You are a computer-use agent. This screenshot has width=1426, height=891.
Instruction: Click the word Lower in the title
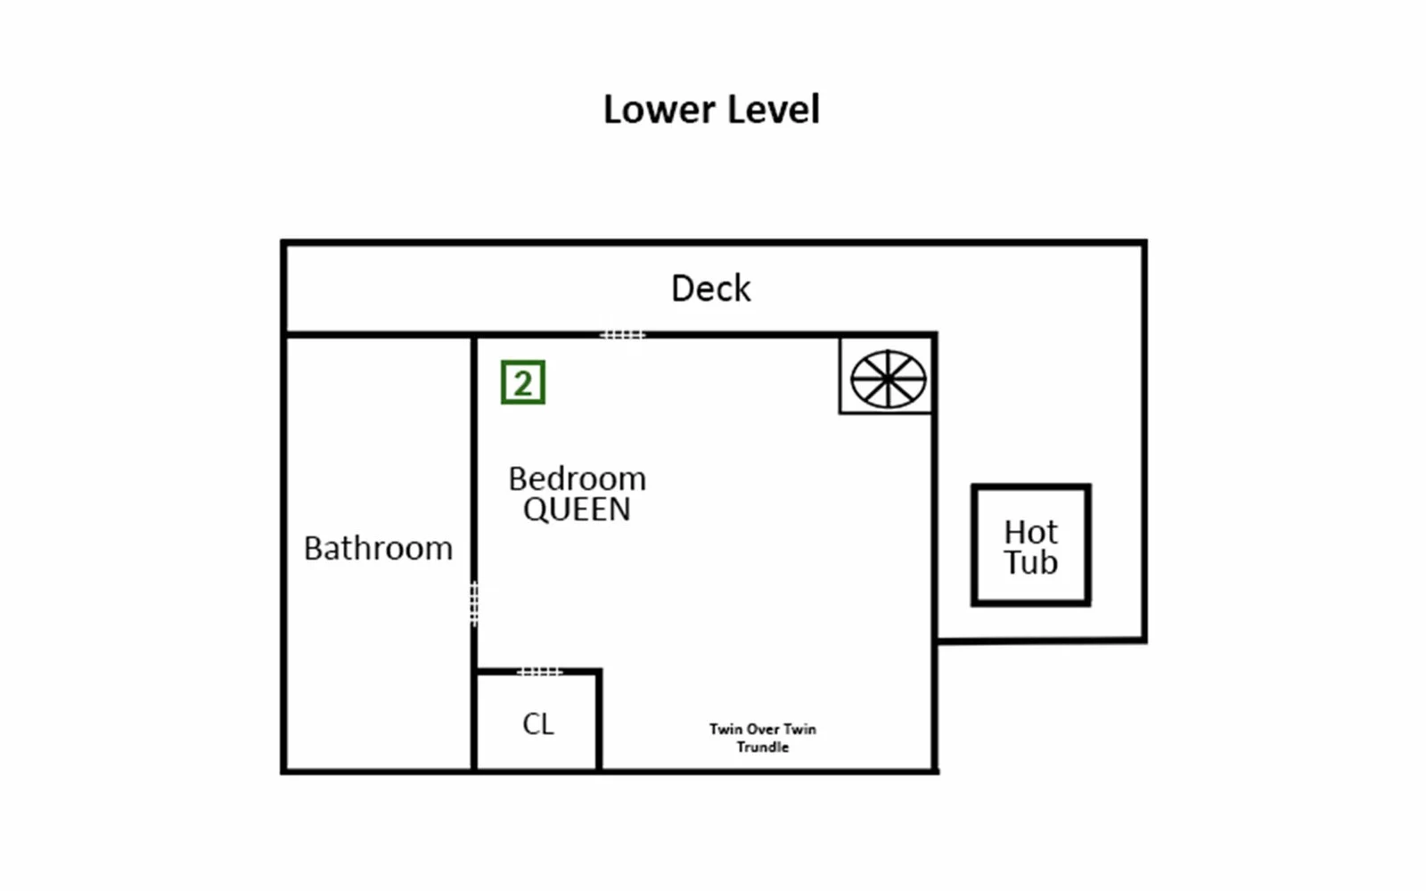[x=660, y=110]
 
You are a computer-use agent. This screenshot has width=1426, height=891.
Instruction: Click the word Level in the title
[x=774, y=110]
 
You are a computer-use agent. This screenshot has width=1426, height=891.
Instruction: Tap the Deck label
[x=711, y=289]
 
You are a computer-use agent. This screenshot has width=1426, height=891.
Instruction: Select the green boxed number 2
[x=523, y=382]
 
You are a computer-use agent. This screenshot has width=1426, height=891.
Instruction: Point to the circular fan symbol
[x=888, y=380]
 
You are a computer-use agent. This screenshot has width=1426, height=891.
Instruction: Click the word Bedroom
[x=578, y=478]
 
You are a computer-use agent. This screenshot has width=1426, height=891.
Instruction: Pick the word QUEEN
[x=577, y=509]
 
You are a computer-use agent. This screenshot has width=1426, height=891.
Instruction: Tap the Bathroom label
[x=378, y=549]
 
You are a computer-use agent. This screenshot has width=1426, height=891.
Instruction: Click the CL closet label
[x=538, y=724]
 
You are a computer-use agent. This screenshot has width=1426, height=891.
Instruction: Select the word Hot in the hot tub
[x=1030, y=532]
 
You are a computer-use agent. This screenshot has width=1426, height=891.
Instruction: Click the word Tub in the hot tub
[x=1030, y=562]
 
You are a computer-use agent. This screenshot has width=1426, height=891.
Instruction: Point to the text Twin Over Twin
[x=763, y=730]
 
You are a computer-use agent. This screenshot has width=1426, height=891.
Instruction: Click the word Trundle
[x=763, y=748]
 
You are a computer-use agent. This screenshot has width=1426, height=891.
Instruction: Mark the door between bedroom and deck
[x=623, y=335]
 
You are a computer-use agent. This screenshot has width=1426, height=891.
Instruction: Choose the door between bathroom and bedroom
[x=474, y=603]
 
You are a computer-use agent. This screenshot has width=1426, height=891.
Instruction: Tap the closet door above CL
[x=539, y=672]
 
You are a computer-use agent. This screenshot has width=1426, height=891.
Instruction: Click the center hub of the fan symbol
[x=888, y=380]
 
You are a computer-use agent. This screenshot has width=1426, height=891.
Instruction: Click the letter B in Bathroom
[x=313, y=549]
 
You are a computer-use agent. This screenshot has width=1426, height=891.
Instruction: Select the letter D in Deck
[x=683, y=289]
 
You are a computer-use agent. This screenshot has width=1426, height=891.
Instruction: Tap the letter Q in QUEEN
[x=535, y=510]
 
